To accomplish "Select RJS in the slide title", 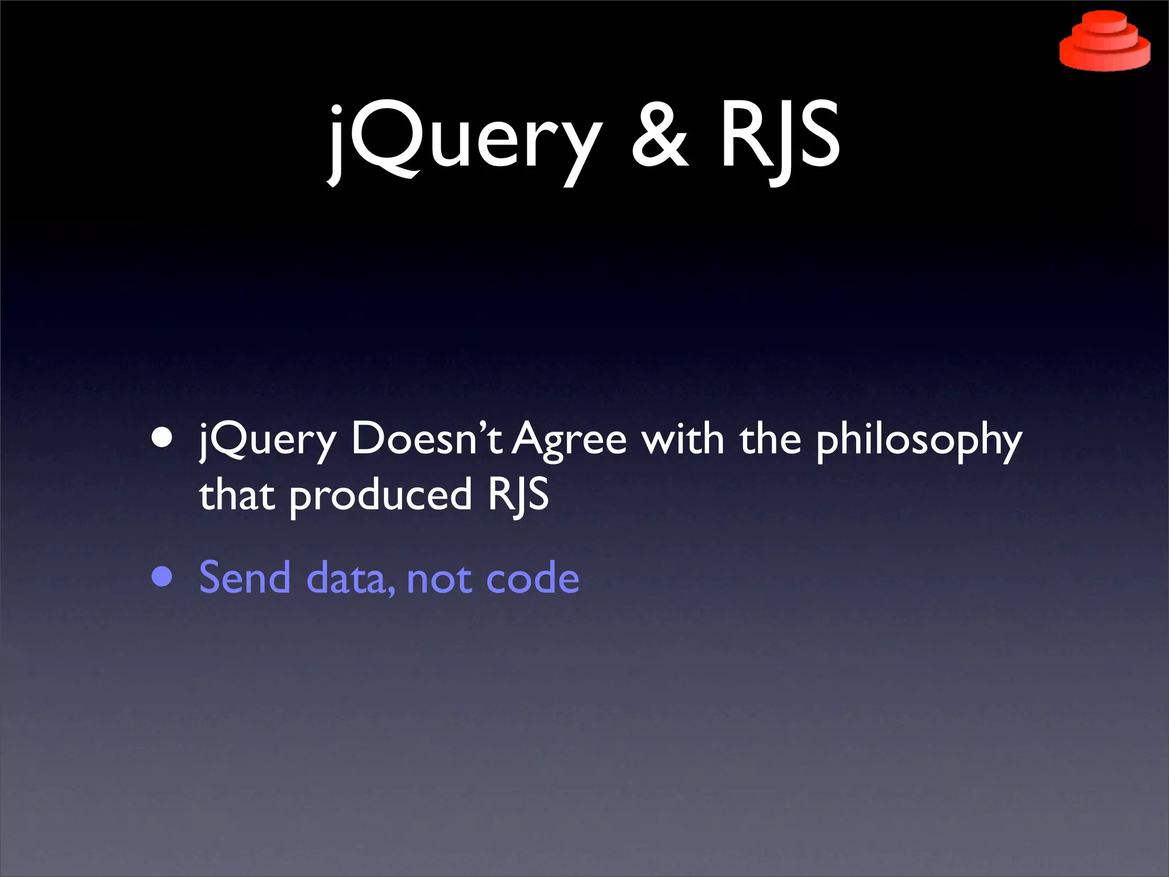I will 780,137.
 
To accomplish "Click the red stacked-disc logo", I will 1104,41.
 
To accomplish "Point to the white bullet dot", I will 162,438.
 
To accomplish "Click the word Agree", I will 569,440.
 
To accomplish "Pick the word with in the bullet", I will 683,438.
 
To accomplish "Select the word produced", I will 381,496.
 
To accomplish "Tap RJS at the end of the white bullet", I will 518,494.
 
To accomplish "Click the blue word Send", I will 245,577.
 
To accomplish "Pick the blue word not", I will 439,578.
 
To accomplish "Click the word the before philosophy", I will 770,438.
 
